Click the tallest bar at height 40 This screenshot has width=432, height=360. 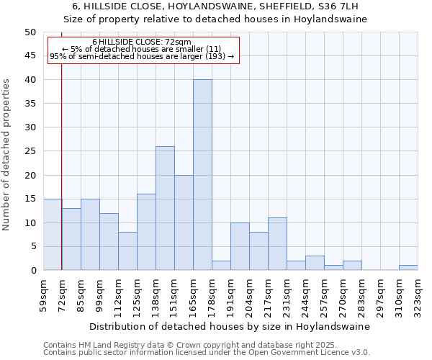click(x=202, y=175)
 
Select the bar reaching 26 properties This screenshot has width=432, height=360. click(x=165, y=208)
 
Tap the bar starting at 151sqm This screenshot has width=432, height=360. click(x=184, y=222)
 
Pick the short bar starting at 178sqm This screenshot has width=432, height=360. click(x=221, y=265)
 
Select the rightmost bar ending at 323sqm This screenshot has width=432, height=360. click(x=408, y=268)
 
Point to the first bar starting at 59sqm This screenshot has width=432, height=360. click(x=53, y=235)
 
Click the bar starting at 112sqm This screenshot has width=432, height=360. click(x=127, y=251)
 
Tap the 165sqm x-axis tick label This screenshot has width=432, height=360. click(x=194, y=295)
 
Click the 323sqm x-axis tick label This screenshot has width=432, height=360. click(x=418, y=295)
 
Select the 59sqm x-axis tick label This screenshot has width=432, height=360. click(x=44, y=295)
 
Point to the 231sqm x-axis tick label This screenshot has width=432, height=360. click(x=287, y=295)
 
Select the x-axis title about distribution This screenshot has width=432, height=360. click(x=230, y=326)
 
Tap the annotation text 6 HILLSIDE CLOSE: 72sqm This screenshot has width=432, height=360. click(x=142, y=42)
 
